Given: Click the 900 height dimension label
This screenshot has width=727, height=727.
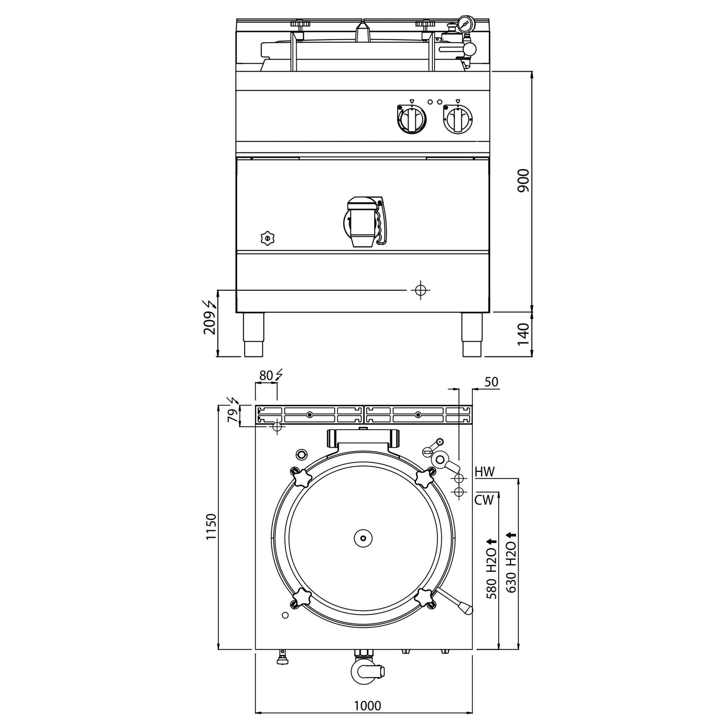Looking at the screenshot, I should click(523, 181).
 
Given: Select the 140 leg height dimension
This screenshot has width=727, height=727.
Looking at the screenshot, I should click(523, 334).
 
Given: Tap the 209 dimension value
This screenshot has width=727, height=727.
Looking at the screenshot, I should click(209, 324).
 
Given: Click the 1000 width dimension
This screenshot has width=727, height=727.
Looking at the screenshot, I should click(367, 706).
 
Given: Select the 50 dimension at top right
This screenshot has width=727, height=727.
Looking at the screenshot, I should click(491, 382).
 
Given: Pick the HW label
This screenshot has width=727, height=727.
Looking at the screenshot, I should click(485, 472).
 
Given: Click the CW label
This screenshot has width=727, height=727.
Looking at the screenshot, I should click(484, 500).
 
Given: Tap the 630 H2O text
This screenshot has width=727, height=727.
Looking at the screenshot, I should click(511, 563).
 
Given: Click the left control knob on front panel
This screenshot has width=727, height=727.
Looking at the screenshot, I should click(412, 119).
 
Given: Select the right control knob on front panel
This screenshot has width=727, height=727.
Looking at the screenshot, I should click(458, 119).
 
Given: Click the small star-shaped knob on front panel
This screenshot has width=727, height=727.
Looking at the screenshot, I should click(267, 238).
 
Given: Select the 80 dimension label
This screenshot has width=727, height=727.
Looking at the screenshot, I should click(266, 375).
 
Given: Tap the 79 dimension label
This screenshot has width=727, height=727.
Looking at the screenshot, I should click(233, 415).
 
